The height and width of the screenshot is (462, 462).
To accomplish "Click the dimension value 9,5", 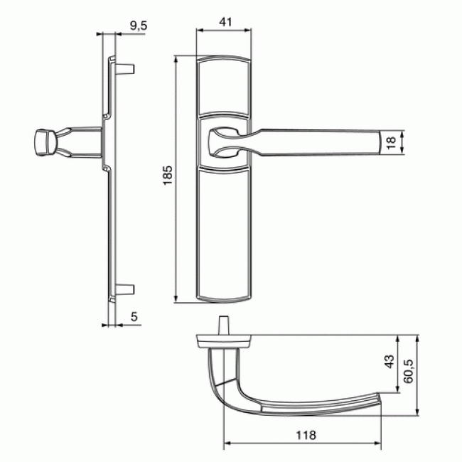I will pyautogui.click(x=138, y=26).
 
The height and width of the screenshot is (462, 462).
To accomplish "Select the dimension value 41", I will pyautogui.click(x=225, y=22).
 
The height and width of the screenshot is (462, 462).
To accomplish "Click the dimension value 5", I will pyautogui.click(x=134, y=317).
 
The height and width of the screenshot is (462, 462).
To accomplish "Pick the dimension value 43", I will pyautogui.click(x=388, y=362).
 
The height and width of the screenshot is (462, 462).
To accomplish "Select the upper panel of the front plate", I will pyautogui.click(x=223, y=86).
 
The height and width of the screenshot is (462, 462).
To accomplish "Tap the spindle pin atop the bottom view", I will pyautogui.click(x=224, y=326).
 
